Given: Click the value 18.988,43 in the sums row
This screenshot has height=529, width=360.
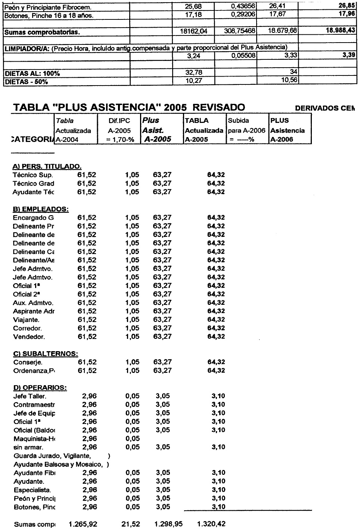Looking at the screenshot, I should [340, 31].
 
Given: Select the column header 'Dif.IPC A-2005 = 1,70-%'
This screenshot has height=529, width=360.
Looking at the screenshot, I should [120, 130].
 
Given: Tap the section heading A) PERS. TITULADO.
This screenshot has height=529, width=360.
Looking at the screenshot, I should [47, 167].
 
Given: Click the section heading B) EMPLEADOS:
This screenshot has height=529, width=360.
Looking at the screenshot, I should [41, 209].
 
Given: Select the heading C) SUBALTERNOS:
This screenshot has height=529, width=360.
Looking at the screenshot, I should [46, 354].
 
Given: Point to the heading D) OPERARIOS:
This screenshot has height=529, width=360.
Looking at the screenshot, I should [40, 388].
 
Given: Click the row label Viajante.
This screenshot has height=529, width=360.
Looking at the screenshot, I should [26, 320].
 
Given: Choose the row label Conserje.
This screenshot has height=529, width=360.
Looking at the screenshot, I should [28, 362].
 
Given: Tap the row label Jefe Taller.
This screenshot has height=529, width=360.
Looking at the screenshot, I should [30, 396].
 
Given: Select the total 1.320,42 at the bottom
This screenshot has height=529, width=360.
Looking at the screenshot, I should [211, 524].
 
